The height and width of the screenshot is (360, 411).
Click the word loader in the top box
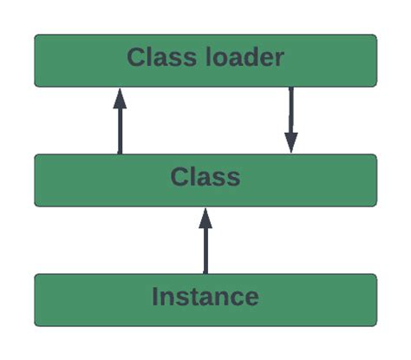(246, 58)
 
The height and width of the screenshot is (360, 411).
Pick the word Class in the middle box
(205, 178)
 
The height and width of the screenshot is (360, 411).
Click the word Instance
(205, 297)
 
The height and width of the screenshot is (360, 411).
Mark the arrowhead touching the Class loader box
(120, 97)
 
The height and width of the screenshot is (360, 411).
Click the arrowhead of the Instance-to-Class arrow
(205, 217)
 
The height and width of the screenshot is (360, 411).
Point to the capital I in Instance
(155, 297)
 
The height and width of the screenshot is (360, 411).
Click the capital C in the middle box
(178, 178)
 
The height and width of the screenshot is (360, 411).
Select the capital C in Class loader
(135, 58)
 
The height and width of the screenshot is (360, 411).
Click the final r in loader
(279, 60)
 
